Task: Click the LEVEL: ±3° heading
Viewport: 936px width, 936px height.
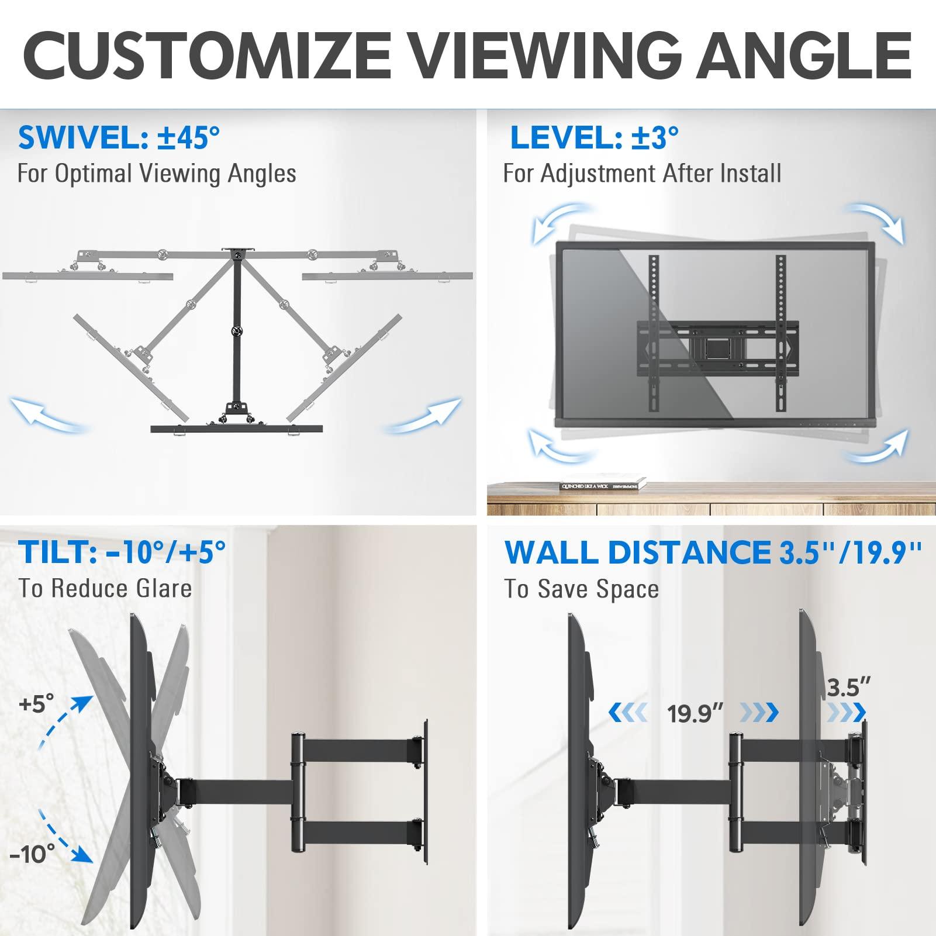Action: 594,138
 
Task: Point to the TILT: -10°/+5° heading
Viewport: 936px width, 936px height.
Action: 122,552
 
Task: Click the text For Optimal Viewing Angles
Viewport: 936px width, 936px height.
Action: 157,174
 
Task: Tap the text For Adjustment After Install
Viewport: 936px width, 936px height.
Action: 642,174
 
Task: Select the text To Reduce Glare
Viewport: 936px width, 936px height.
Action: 105,588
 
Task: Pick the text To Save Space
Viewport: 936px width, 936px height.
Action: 581,589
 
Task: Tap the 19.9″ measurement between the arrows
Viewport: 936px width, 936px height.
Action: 695,714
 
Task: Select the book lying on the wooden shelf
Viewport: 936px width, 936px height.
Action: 602,485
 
